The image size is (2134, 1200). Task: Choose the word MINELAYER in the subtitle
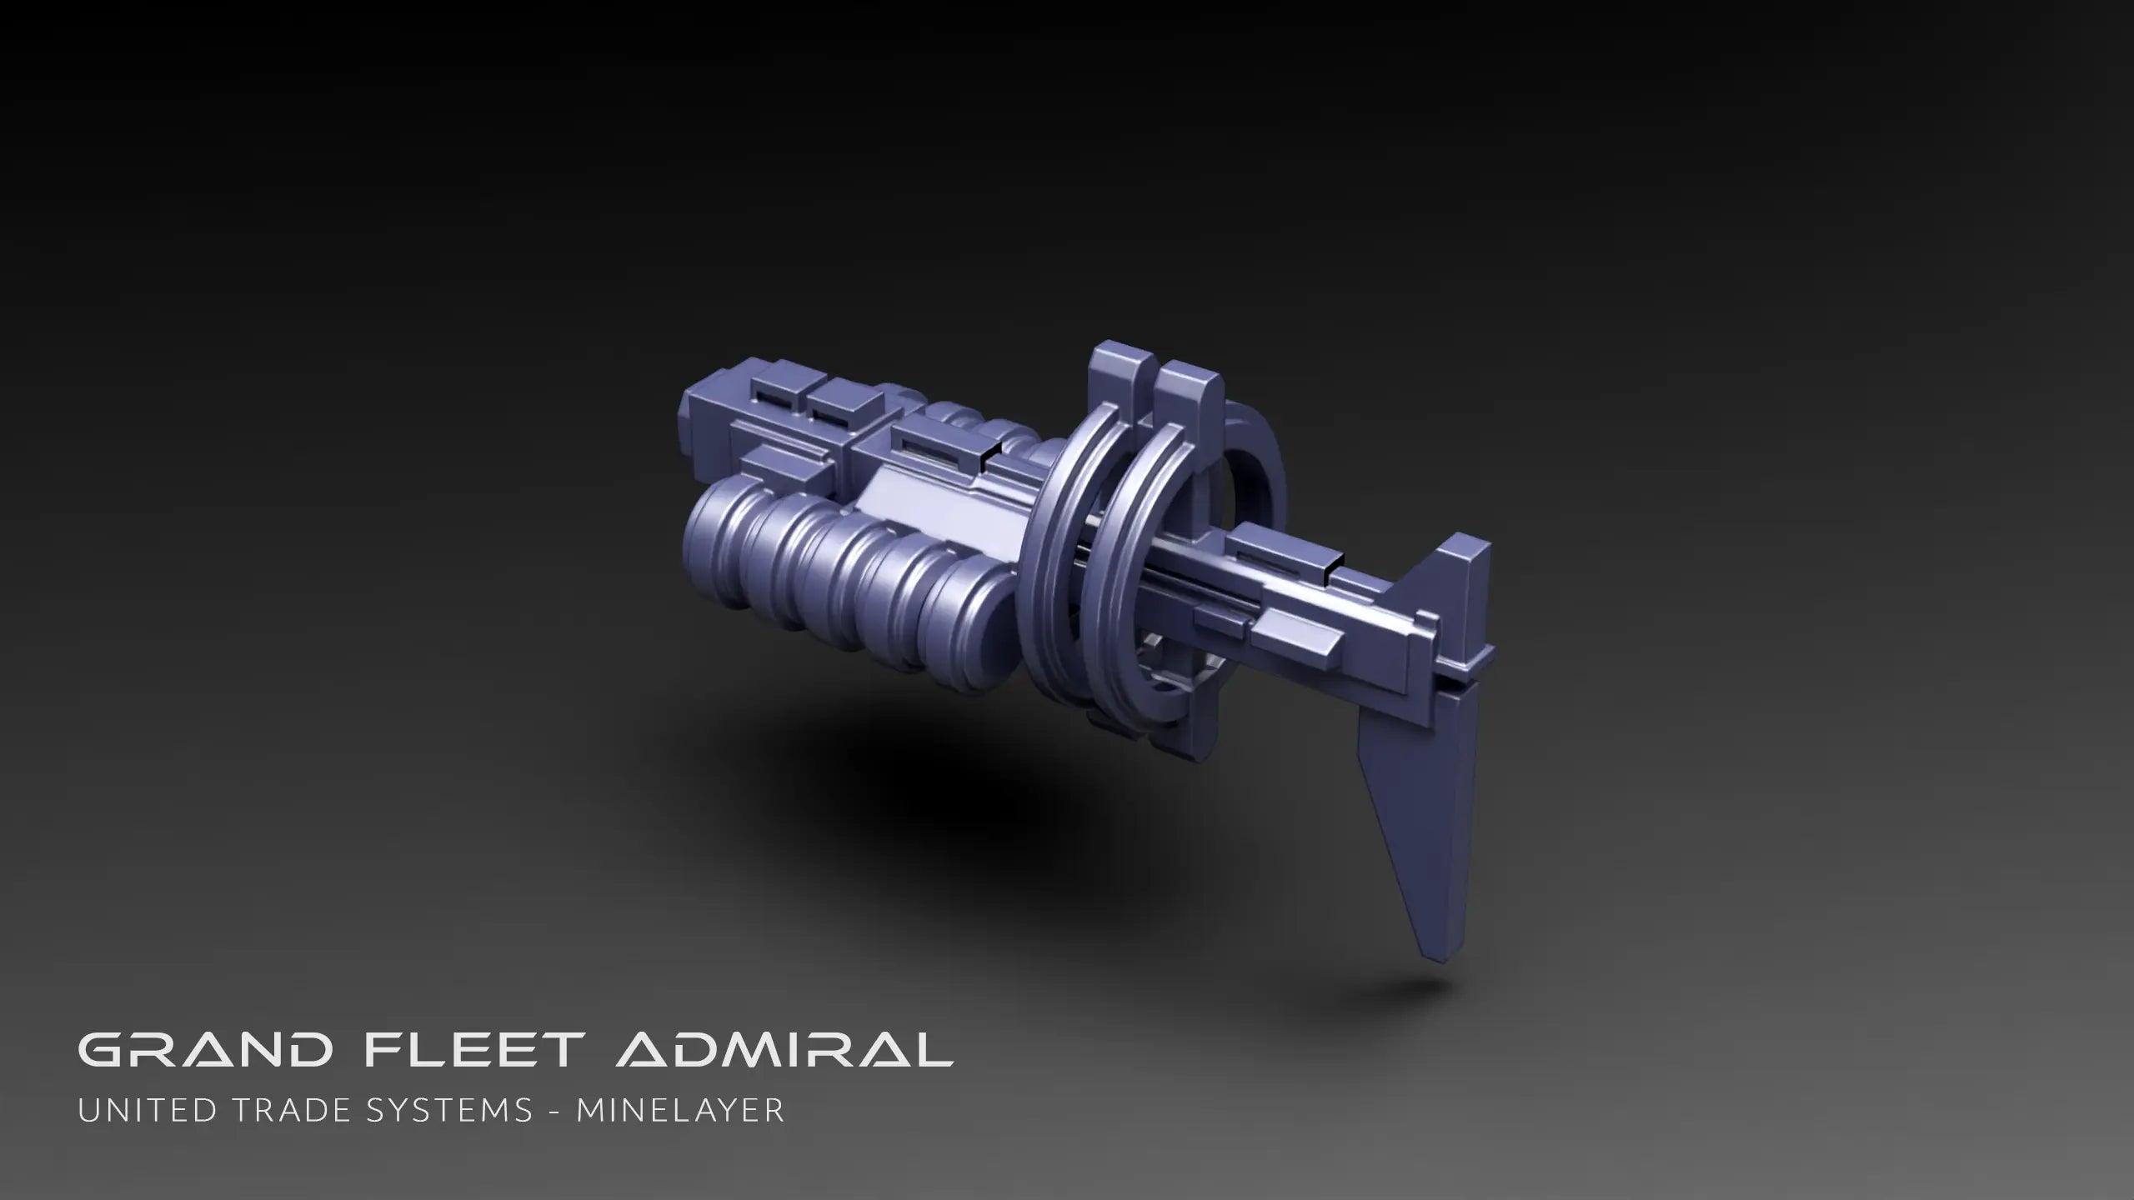[x=680, y=1110]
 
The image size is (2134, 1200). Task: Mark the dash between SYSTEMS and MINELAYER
[x=554, y=1111]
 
